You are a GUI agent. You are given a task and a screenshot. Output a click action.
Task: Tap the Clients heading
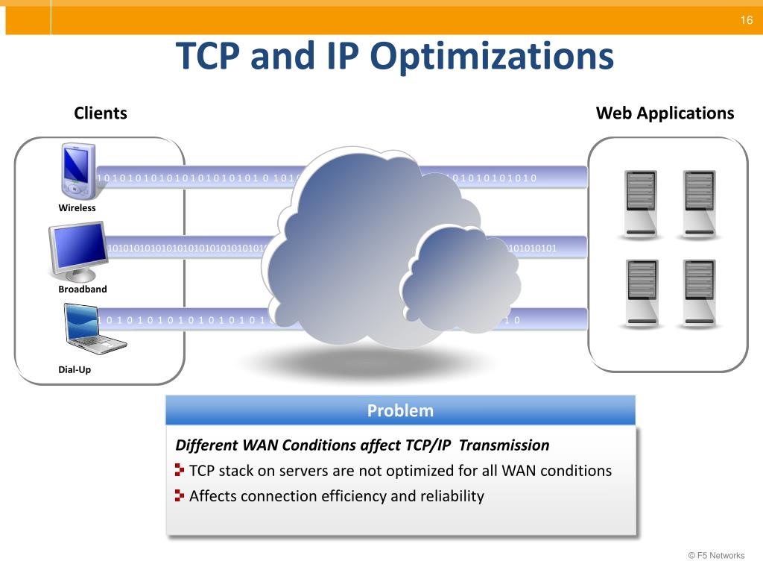click(x=101, y=113)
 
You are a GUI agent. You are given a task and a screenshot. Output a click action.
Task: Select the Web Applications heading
click(x=665, y=113)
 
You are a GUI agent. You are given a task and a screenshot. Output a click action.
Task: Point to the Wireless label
click(x=77, y=208)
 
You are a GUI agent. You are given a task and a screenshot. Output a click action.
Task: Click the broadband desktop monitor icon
click(x=77, y=251)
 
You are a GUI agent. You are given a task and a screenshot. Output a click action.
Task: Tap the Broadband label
click(x=83, y=289)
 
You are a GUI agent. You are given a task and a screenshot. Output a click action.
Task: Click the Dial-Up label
click(x=75, y=369)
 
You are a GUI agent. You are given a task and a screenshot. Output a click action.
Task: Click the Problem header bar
click(x=400, y=410)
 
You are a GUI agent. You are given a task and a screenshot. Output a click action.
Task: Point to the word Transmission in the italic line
click(x=504, y=445)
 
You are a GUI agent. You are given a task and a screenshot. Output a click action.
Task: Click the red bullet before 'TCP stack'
click(x=180, y=470)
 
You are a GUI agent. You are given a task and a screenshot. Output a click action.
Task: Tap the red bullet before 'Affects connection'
click(x=180, y=495)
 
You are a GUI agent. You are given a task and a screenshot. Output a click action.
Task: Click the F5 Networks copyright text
click(x=716, y=555)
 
